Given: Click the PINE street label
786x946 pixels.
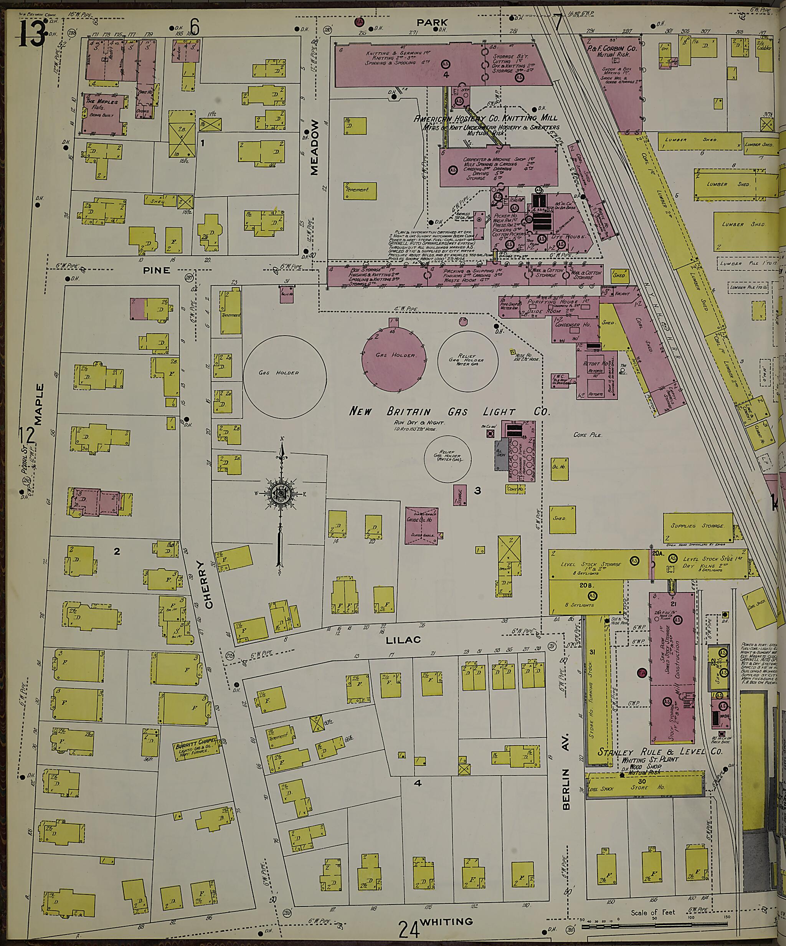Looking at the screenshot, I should (x=157, y=270).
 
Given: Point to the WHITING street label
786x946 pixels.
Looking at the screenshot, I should (x=446, y=921).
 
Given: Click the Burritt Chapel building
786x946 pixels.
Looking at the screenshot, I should (x=197, y=748).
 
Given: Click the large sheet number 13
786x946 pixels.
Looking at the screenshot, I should (x=31, y=34).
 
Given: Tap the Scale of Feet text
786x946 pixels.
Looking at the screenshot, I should (x=653, y=912).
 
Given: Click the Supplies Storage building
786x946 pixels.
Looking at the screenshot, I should (x=697, y=526).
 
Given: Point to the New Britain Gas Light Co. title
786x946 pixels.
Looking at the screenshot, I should (x=451, y=411).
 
